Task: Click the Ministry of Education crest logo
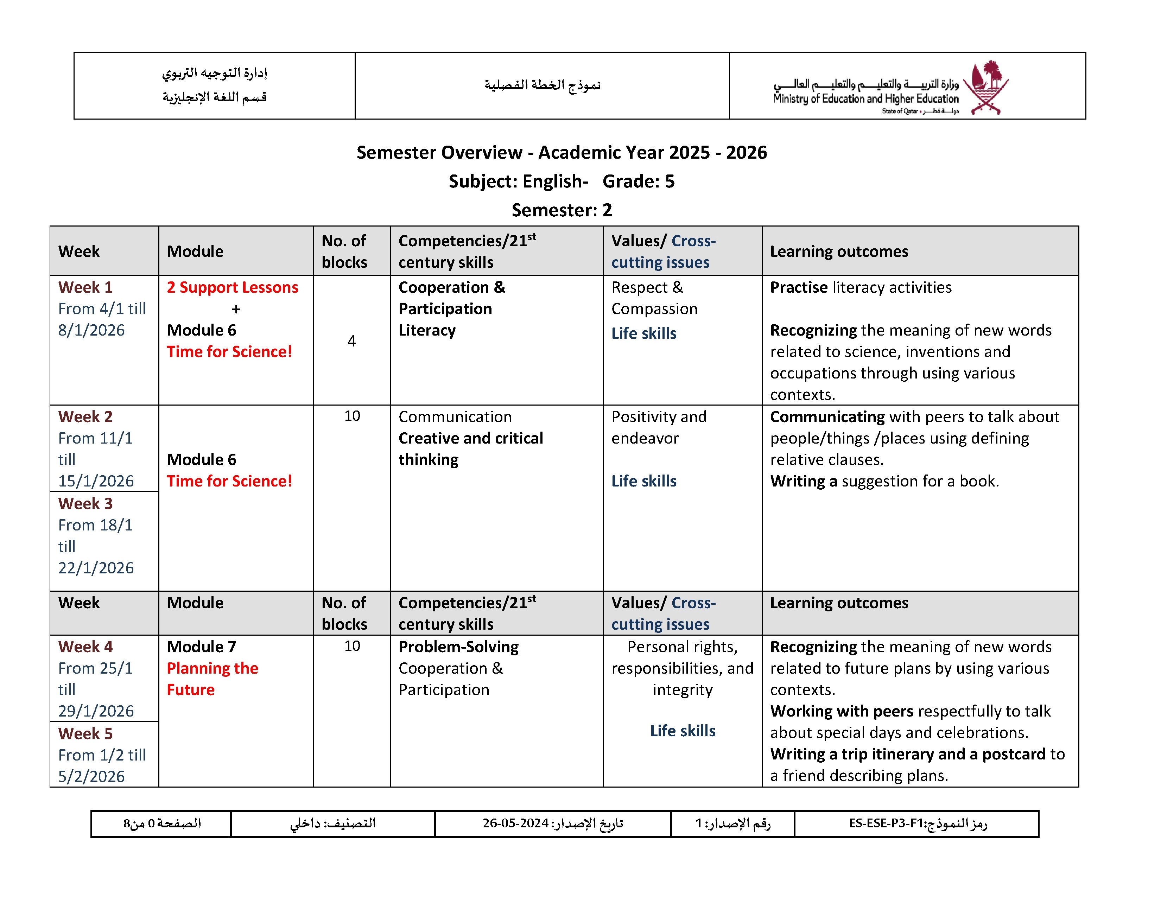click(x=986, y=87)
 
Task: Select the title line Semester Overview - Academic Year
click(x=562, y=153)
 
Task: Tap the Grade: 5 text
click(x=639, y=181)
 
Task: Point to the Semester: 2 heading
click(x=562, y=210)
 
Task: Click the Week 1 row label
click(x=85, y=287)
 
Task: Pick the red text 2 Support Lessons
click(x=232, y=287)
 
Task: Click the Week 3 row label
click(x=85, y=503)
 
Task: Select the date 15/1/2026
click(x=96, y=481)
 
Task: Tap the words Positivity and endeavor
click(x=659, y=427)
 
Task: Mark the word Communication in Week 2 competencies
click(x=455, y=416)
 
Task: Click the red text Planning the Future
click(x=212, y=679)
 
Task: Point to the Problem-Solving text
click(x=458, y=647)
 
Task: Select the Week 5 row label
click(x=85, y=733)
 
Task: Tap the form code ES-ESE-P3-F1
click(x=886, y=823)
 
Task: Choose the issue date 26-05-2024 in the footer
click(x=515, y=823)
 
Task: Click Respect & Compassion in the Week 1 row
click(x=654, y=298)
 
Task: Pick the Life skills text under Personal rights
click(x=683, y=731)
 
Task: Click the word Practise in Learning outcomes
click(x=799, y=287)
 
